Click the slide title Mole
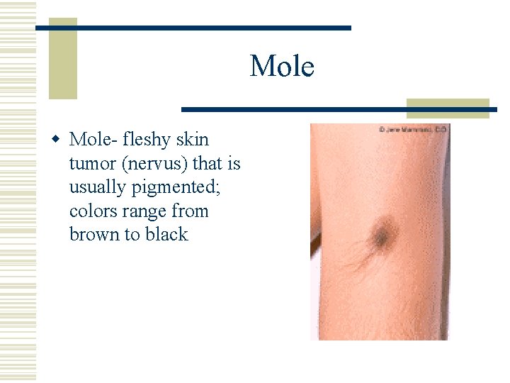click(281, 67)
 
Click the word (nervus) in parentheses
click(154, 165)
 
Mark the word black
click(166, 235)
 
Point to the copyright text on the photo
click(414, 130)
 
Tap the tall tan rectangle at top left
click(62, 60)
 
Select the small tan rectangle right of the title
click(448, 107)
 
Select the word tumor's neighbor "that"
click(208, 165)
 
